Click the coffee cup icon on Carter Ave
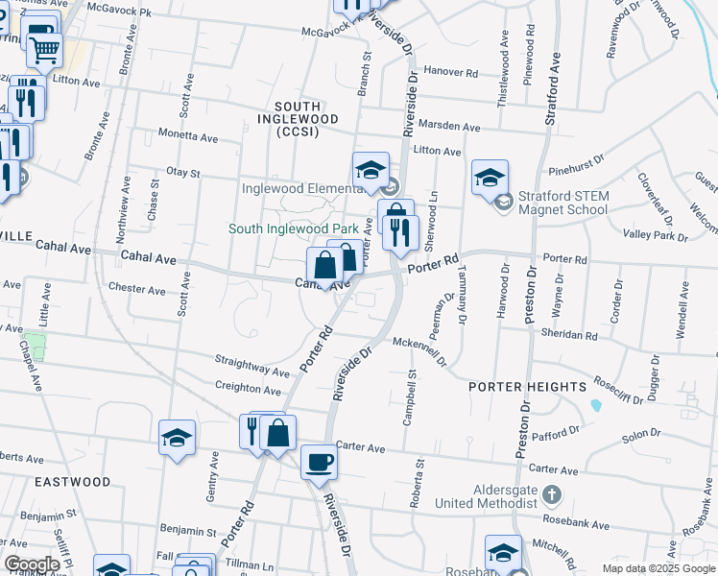(x=320, y=462)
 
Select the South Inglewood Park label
(x=293, y=228)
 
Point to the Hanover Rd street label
(x=450, y=72)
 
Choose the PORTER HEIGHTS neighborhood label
(x=527, y=386)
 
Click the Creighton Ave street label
(x=250, y=389)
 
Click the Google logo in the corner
(x=33, y=564)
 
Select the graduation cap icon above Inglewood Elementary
(x=370, y=169)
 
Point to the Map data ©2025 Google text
(x=658, y=568)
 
